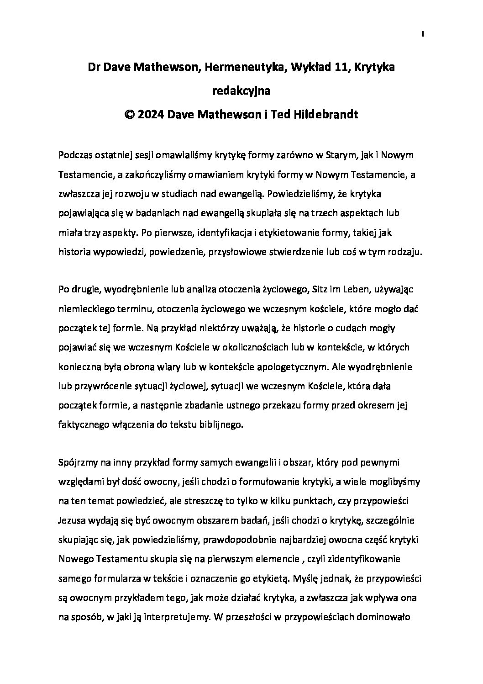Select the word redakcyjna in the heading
pos(241,91)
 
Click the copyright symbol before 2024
pos(130,115)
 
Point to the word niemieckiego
pos(87,309)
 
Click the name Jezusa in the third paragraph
pos(72,520)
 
